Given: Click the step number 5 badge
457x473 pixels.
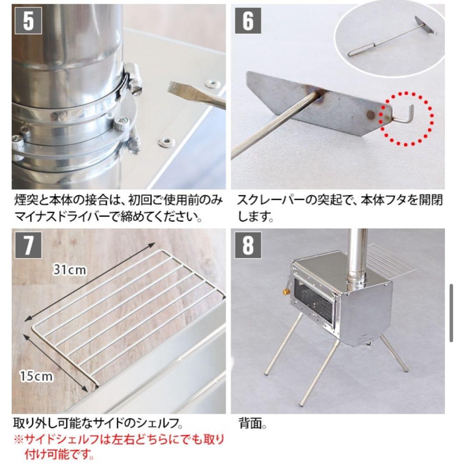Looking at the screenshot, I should pos(28,21).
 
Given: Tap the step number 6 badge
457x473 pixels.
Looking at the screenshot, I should pos(247,21).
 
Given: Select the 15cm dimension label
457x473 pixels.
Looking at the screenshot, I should pos(36,376).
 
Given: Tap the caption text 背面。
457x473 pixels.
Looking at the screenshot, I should pos(253,424).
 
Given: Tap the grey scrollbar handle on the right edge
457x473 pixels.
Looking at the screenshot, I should pos(451,313).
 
